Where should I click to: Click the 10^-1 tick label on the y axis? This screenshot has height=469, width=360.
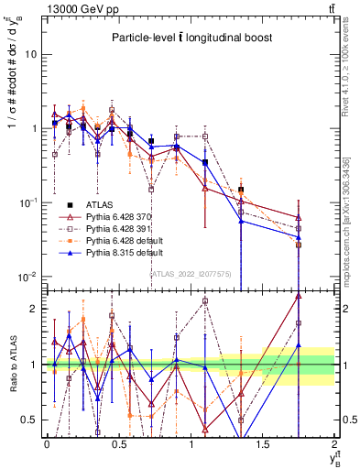click(27, 202)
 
